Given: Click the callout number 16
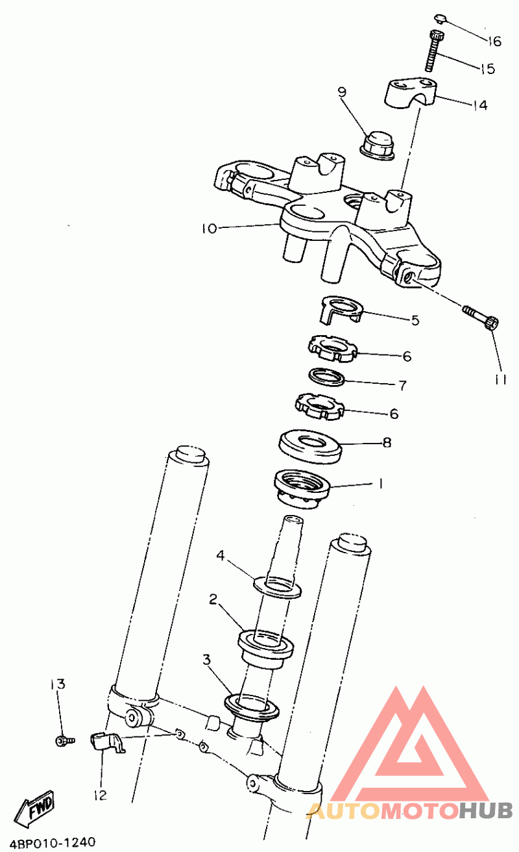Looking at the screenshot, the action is [495, 41].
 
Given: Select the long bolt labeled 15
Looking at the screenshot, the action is [434, 51].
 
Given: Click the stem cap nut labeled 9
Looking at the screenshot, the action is [376, 145].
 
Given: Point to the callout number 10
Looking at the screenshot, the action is [210, 229].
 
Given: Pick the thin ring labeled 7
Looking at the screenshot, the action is [327, 376].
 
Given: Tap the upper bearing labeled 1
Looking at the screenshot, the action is [302, 489].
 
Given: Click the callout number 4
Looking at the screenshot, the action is [221, 556].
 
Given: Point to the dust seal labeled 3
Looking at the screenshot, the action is [252, 707].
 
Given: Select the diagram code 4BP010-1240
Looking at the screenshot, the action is [53, 842].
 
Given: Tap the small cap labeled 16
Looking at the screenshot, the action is [441, 19].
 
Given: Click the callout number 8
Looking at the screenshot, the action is [387, 442].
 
